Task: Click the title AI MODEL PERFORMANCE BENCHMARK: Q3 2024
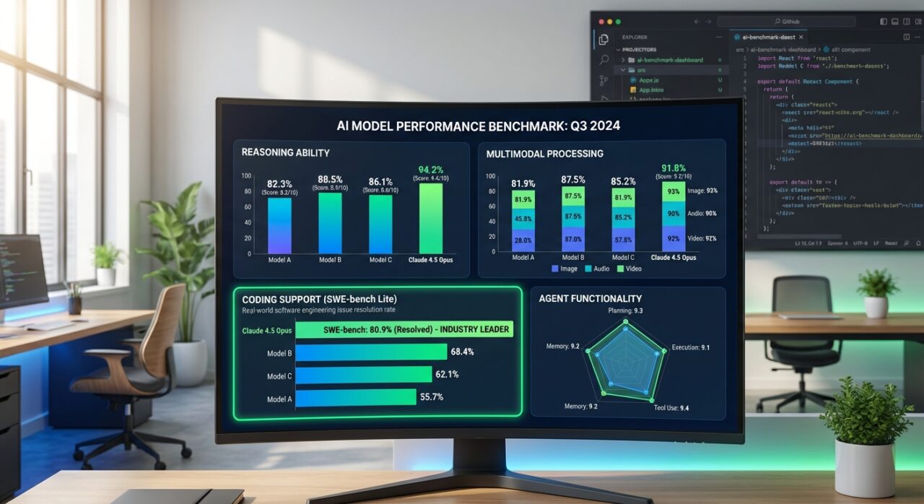tap(478, 125)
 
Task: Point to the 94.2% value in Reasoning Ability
tap(431, 170)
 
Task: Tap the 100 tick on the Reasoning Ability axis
tap(247, 176)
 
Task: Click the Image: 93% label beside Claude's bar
tap(702, 191)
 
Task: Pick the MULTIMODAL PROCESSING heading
tap(544, 154)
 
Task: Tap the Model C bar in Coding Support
tap(363, 375)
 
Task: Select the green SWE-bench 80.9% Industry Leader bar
tap(404, 329)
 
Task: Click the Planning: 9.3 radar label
tap(625, 310)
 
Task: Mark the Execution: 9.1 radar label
tap(690, 347)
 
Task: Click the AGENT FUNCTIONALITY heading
tap(590, 298)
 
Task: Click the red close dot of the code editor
tap(601, 22)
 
